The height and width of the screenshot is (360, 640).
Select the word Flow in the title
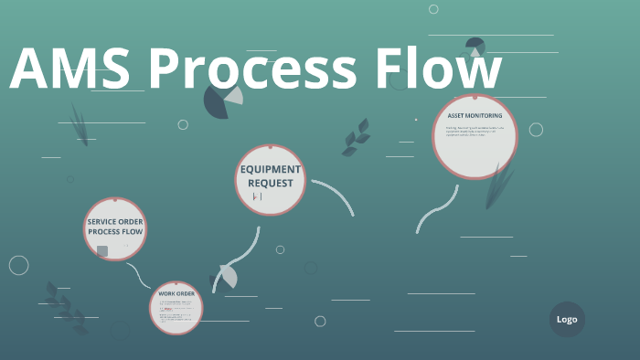(439, 69)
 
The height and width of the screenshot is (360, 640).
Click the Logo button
(567, 319)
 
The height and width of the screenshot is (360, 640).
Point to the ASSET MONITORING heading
(475, 116)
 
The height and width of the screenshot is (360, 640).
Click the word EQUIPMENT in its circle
(271, 169)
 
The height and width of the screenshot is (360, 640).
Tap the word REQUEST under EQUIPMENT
(271, 183)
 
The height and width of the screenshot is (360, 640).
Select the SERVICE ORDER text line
(115, 221)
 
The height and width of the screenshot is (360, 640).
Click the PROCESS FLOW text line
(115, 232)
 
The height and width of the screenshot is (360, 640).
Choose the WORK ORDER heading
(176, 294)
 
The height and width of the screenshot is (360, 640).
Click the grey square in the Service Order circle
(102, 250)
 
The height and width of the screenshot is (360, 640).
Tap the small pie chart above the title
(475, 46)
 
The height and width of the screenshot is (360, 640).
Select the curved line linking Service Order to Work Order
(140, 274)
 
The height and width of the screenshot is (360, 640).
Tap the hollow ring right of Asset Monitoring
(536, 130)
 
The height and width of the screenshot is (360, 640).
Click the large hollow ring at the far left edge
(18, 265)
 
